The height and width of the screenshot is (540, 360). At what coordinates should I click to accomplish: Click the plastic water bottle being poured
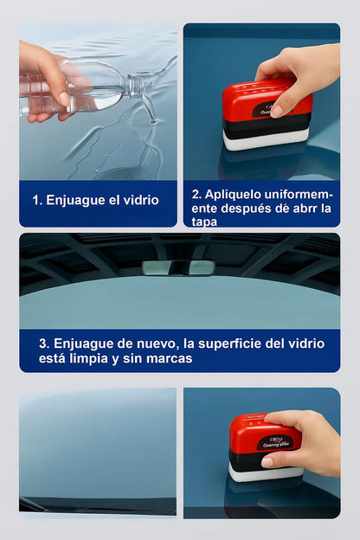pyautogui.click(x=87, y=89)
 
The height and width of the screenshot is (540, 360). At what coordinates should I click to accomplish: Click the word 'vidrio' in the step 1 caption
pyautogui.click(x=139, y=200)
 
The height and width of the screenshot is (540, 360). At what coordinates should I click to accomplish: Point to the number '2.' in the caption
pyautogui.click(x=196, y=194)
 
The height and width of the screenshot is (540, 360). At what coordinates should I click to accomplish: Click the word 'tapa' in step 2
pyautogui.click(x=205, y=222)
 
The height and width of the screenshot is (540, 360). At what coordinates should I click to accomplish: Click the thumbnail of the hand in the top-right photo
pyautogui.click(x=276, y=111)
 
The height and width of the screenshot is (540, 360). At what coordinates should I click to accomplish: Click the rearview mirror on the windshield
pyautogui.click(x=178, y=267)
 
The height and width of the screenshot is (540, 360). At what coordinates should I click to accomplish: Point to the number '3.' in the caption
pyautogui.click(x=45, y=343)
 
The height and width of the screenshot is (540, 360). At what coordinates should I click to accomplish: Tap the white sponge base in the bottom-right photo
pyautogui.click(x=260, y=472)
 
